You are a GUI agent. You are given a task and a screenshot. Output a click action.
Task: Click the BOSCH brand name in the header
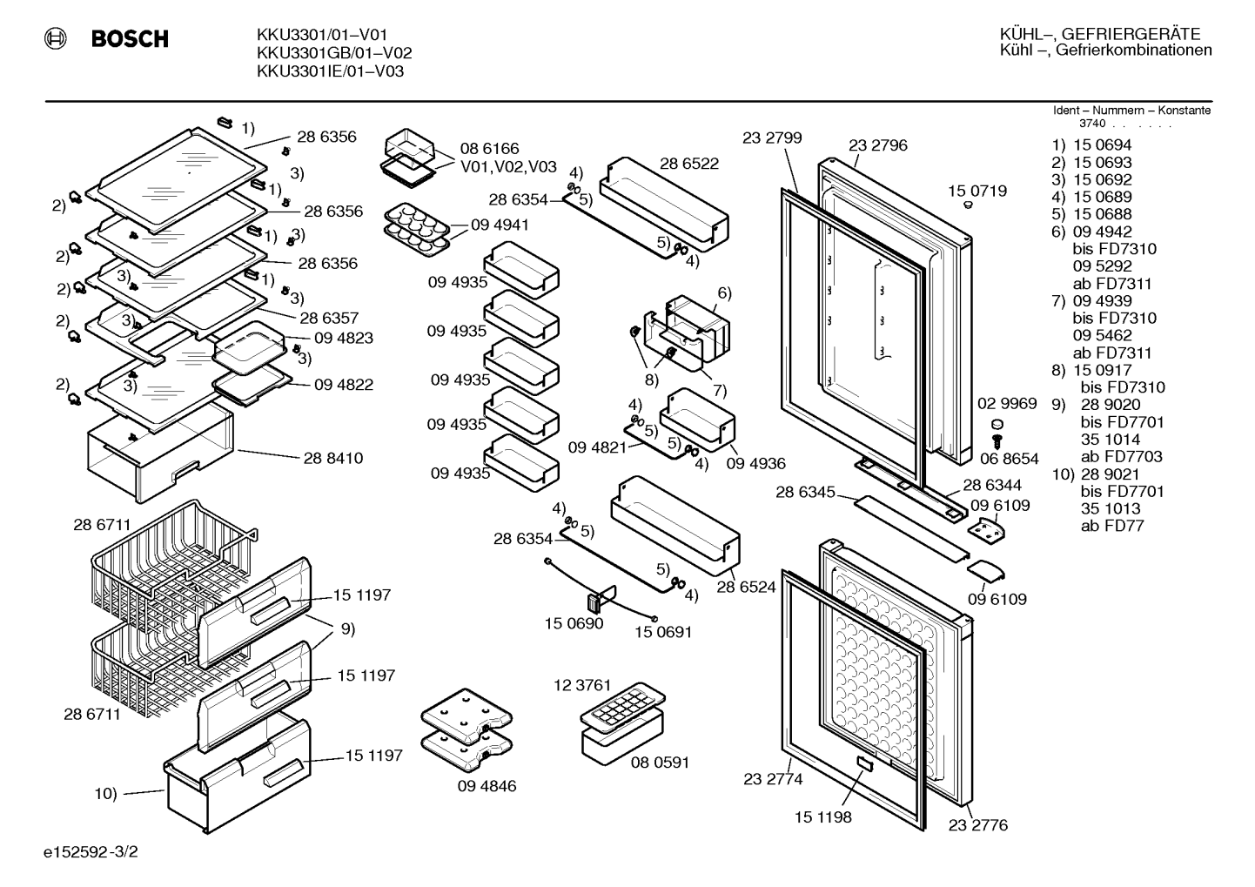point(130,38)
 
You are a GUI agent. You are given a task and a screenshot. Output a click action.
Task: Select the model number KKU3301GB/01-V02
point(334,53)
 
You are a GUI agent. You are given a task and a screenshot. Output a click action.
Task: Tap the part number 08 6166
point(489,149)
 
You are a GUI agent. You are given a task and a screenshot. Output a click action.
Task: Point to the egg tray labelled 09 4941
point(417,230)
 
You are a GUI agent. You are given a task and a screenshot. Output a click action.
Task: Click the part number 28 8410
point(332,458)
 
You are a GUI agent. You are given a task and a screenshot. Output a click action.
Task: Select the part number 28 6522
point(689,164)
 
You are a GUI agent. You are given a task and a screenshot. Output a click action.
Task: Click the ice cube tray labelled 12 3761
point(622,709)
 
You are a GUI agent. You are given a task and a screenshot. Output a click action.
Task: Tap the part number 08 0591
point(660,762)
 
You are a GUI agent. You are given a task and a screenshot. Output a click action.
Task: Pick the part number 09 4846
point(487,785)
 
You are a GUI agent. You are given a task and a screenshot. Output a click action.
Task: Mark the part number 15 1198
point(823,817)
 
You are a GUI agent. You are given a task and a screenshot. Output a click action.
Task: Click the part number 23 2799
point(772,138)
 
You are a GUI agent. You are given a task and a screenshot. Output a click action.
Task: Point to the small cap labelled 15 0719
point(968,205)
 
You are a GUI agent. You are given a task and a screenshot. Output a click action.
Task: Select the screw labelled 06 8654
point(997,441)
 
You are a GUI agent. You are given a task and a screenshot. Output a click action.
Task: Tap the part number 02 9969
point(1007,403)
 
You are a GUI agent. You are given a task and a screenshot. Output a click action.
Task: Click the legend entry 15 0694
point(1102,144)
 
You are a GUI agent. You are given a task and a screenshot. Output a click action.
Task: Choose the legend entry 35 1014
point(1111,439)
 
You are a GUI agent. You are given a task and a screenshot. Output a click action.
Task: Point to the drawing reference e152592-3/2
point(91,851)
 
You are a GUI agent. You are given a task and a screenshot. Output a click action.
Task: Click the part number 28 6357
point(329,318)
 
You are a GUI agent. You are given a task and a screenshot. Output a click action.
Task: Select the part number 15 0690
point(574,623)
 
